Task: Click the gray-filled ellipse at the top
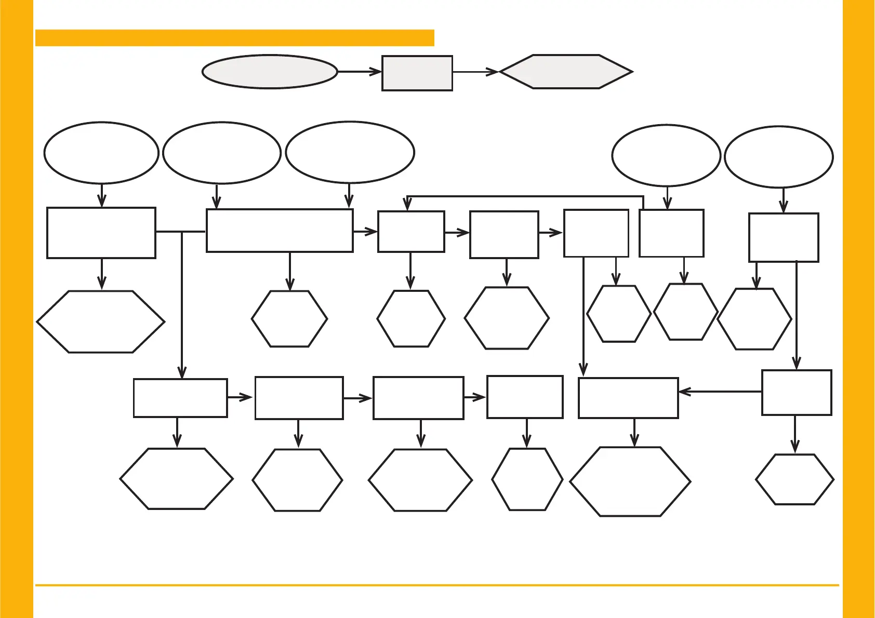270,72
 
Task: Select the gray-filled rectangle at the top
417,73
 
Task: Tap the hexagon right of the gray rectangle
566,72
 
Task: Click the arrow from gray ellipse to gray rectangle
359,72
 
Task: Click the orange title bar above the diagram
234,38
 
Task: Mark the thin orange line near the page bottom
436,585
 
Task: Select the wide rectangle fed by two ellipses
280,231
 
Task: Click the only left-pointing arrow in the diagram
720,392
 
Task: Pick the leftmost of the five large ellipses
101,153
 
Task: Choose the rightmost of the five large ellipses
778,156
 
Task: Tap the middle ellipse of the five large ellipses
350,152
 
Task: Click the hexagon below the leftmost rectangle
101,322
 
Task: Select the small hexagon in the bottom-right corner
794,479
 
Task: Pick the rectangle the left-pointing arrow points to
628,398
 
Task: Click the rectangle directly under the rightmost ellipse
784,237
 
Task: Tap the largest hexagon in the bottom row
630,481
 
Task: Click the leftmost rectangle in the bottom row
180,398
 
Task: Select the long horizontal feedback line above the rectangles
525,197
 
